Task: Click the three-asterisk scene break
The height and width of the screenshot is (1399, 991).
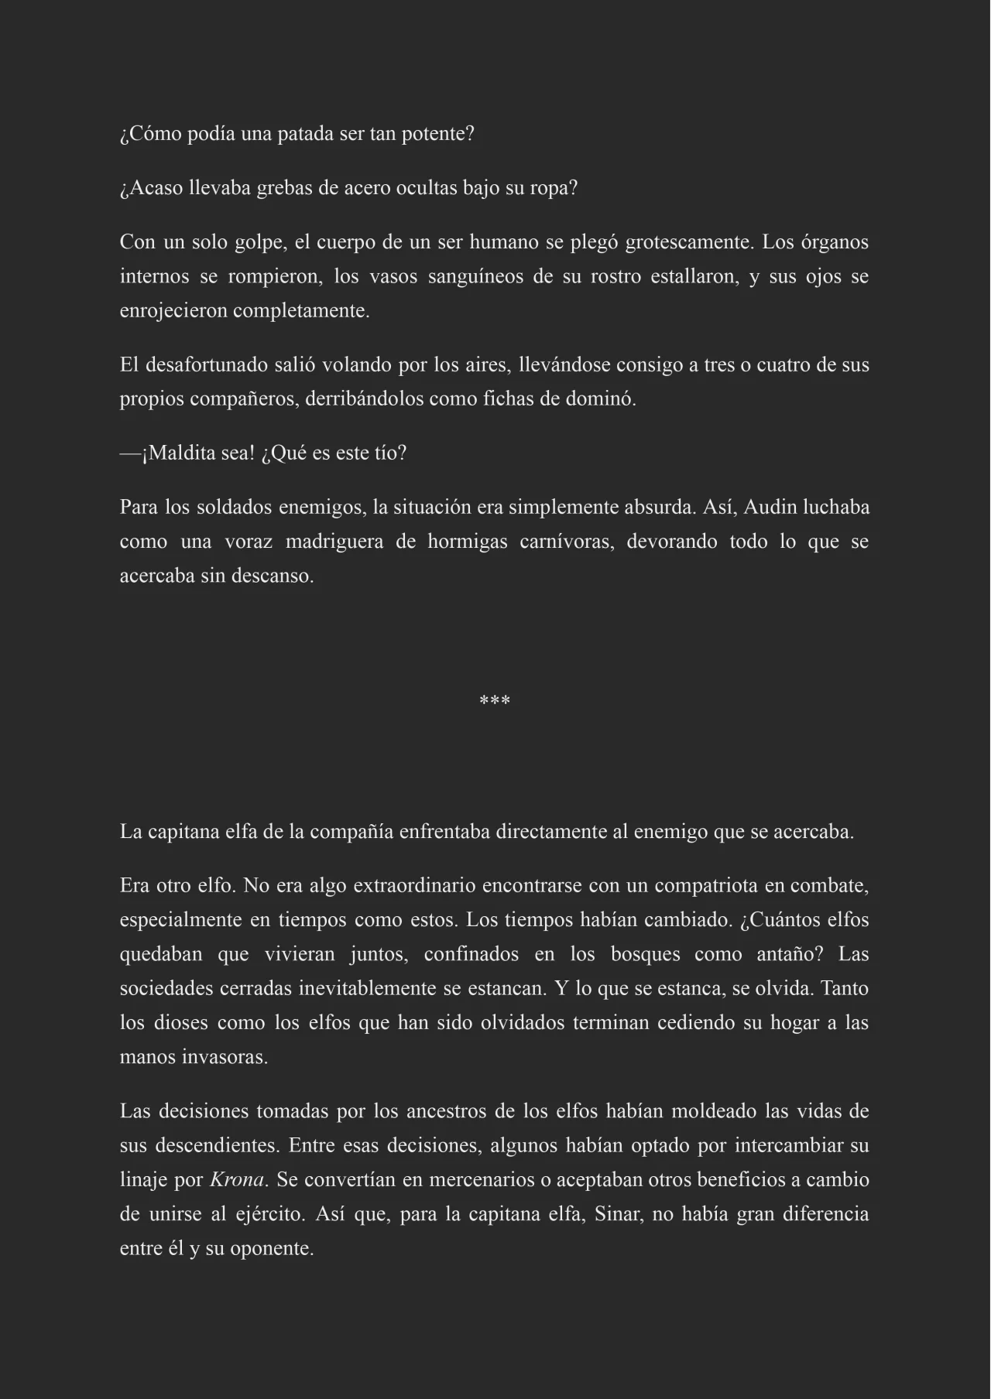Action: (x=495, y=701)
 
